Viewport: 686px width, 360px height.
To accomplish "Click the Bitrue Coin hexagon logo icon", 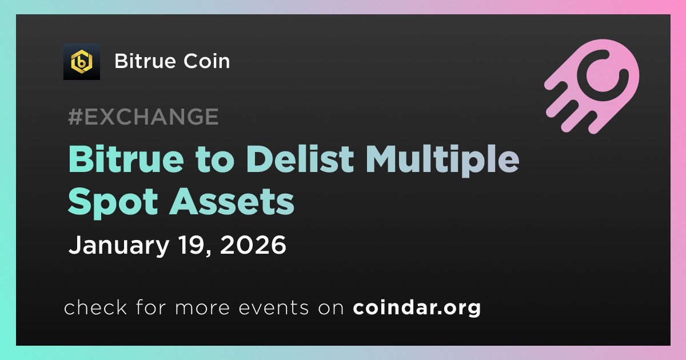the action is pyautogui.click(x=81, y=62).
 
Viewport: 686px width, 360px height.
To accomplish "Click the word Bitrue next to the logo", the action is pyautogui.click(x=145, y=61).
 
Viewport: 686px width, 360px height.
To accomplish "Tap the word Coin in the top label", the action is pyautogui.click(x=207, y=61).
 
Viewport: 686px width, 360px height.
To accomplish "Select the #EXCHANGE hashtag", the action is pyautogui.click(x=143, y=117).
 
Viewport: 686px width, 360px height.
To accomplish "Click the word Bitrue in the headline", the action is pyautogui.click(x=126, y=159).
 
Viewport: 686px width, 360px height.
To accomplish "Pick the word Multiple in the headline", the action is pyautogui.click(x=442, y=161).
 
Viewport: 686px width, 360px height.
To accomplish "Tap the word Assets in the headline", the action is pyautogui.click(x=232, y=202).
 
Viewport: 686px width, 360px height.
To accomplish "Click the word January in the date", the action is pyautogui.click(x=119, y=246).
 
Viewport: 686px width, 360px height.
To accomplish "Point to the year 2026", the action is pyautogui.click(x=253, y=245).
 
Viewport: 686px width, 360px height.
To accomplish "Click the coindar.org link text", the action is pyautogui.click(x=417, y=308).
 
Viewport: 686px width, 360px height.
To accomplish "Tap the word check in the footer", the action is pyautogui.click(x=95, y=307).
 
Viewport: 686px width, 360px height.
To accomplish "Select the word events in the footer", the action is pyautogui.click(x=274, y=308).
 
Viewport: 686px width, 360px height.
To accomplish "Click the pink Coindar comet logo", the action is pyautogui.click(x=592, y=86).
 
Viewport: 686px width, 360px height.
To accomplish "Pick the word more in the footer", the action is pyautogui.click(x=202, y=309).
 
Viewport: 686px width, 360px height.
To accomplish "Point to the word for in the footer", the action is pyautogui.click(x=151, y=307).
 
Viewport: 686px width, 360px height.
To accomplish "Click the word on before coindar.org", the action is pyautogui.click(x=331, y=309).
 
